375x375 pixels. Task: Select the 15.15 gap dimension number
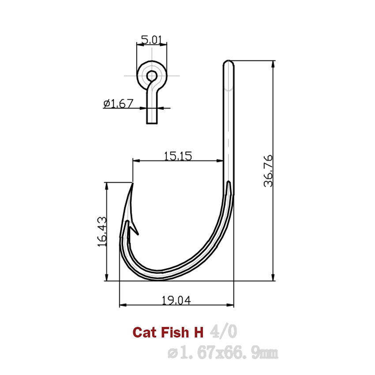click(x=178, y=156)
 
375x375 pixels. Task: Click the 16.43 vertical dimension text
click(x=101, y=232)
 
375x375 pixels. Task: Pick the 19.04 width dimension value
click(x=176, y=300)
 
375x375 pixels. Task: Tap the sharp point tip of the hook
click(x=132, y=183)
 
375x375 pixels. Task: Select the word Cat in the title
click(x=142, y=332)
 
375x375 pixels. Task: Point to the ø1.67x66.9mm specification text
click(x=223, y=353)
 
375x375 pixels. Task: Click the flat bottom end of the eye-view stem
click(x=152, y=123)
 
